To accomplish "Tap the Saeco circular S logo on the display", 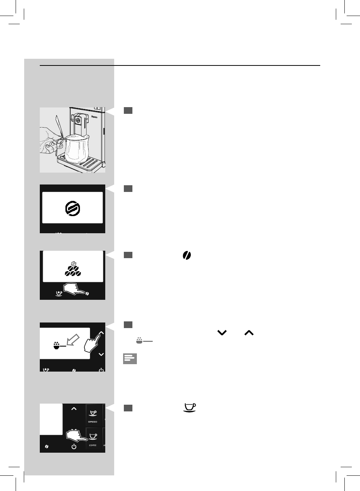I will (x=73, y=208).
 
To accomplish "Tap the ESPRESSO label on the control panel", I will (x=93, y=422).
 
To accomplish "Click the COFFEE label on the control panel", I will (x=93, y=445).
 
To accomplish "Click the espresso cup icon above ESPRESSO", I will (x=93, y=413).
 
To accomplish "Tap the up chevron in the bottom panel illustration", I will (x=74, y=408).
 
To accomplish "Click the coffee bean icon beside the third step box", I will (x=187, y=255).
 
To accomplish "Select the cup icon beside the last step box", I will (x=190, y=408).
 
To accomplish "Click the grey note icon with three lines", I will (x=130, y=359).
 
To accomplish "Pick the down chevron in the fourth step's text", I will (x=222, y=333).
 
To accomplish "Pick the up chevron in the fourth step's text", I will (x=249, y=333).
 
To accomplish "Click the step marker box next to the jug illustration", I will (x=128, y=110).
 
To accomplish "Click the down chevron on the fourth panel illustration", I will (x=101, y=354).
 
